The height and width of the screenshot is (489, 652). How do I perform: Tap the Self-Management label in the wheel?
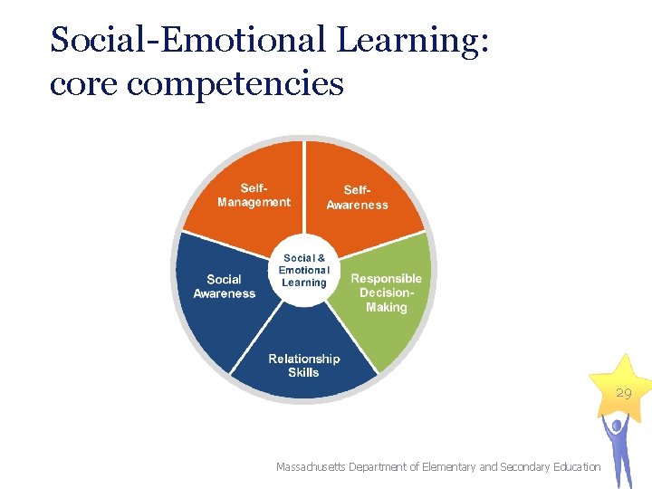pyautogui.click(x=254, y=195)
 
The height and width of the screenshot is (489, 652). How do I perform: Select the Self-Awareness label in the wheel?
pyautogui.click(x=357, y=197)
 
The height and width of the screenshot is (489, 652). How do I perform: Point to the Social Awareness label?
pyautogui.click(x=224, y=286)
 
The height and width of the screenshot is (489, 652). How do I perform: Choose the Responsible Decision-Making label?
pyautogui.click(x=387, y=292)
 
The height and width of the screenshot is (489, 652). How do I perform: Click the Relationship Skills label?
pyautogui.click(x=304, y=365)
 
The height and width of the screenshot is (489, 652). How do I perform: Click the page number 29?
pyautogui.click(x=624, y=393)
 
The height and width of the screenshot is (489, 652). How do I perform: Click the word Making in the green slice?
pyautogui.click(x=387, y=307)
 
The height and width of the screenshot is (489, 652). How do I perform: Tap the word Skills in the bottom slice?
pyautogui.click(x=304, y=372)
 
